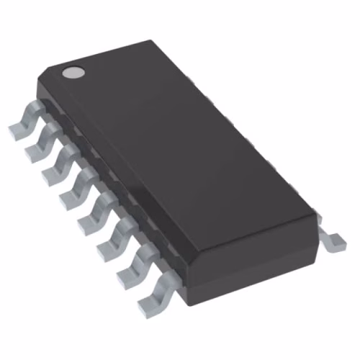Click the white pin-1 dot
pyautogui.click(x=72, y=72)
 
